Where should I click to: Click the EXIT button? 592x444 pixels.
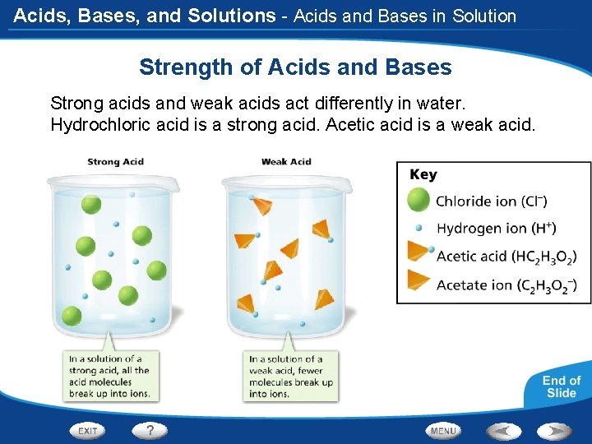(89, 430)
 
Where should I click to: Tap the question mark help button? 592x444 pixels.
(150, 430)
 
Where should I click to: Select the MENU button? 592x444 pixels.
(443, 430)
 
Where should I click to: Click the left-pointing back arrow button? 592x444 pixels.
(503, 430)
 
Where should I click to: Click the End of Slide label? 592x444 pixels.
(561, 386)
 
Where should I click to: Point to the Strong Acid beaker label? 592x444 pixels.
(115, 162)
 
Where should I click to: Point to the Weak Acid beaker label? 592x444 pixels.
(286, 162)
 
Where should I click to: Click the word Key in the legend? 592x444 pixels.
(423, 174)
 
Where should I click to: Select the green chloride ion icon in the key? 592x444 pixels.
(419, 200)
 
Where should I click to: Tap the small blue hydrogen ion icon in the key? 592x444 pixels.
(419, 228)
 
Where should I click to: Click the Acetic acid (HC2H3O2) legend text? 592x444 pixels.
(506, 257)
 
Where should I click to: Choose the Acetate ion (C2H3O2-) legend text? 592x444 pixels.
(506, 285)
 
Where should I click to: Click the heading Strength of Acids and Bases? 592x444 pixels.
(295, 67)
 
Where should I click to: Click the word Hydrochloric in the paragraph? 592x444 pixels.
(97, 125)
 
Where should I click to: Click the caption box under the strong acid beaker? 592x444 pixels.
(111, 376)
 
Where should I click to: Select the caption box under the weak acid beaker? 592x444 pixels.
(292, 376)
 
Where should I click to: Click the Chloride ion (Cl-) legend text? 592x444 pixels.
(492, 201)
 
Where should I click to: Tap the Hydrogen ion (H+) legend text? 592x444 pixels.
(496, 228)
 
